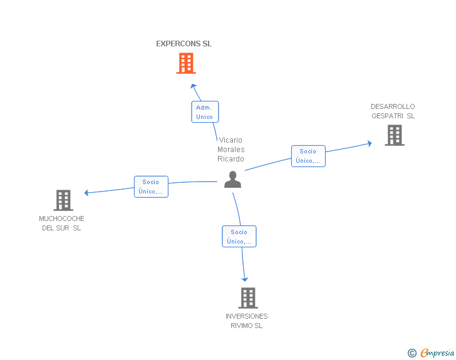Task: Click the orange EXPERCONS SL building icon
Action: pos(186,63)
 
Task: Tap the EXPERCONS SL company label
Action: pos(184,44)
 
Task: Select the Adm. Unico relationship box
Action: pos(205,112)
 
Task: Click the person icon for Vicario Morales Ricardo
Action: pos(232,180)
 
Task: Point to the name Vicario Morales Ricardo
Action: pos(231,150)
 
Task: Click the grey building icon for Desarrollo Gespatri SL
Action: pos(395,135)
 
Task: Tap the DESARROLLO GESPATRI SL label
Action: pos(393,111)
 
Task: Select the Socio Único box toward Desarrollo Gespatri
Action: pos(308,156)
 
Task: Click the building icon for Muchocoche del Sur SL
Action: pos(63,200)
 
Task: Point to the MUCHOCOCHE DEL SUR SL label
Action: pos(61,224)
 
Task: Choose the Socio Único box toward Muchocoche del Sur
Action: pos(151,187)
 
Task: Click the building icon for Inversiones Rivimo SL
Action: pos(248,298)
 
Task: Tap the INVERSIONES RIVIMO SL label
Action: pos(247,321)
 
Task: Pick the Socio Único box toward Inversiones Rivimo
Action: pos(239,237)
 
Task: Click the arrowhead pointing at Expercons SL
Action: pos(194,86)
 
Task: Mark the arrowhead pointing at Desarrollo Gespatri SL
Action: pos(370,143)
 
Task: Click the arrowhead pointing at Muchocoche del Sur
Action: pos(86,192)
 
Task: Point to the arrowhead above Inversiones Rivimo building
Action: pos(245,279)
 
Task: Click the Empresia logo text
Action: pos(437,352)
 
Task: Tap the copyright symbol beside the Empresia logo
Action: pos(412,353)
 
